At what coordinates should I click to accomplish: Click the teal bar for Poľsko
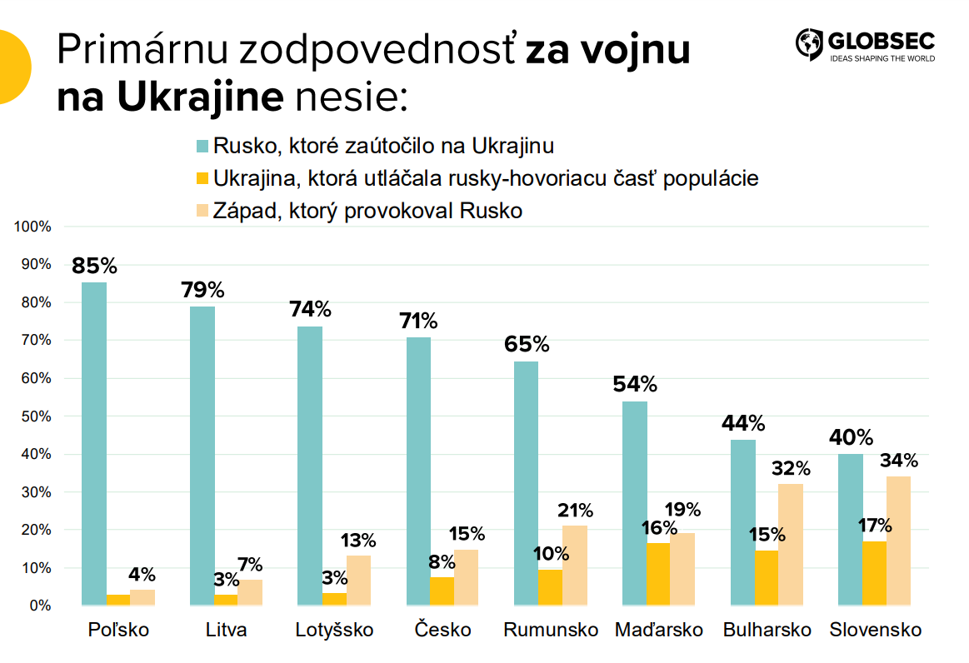94,443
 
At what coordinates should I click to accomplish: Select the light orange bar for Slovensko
899,541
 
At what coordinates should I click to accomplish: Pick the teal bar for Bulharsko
743,522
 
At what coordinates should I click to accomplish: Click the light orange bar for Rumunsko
575,566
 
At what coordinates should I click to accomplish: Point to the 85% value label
94,267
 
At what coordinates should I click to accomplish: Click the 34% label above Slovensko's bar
900,461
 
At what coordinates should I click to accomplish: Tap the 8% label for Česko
442,561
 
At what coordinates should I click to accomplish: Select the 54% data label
635,385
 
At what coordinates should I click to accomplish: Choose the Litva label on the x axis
227,631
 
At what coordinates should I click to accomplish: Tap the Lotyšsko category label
335,631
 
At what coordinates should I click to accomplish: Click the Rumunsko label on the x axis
551,631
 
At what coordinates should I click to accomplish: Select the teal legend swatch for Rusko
202,147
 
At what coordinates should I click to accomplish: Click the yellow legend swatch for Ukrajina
202,178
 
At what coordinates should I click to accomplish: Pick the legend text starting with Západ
367,211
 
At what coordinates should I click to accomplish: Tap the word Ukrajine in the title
200,97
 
